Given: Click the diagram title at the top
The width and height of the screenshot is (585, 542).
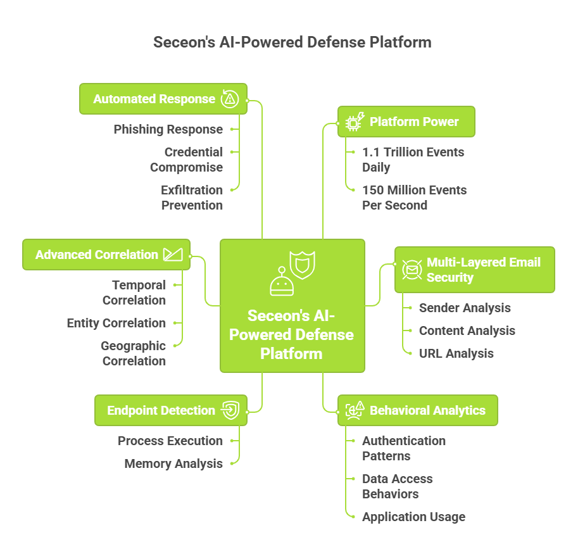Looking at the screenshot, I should click(292, 42).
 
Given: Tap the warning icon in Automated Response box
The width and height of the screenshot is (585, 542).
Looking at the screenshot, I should click(229, 99).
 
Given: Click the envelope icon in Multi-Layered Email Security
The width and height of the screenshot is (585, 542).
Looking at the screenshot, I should click(412, 270).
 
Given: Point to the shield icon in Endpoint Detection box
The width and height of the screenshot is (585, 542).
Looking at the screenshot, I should click(229, 410).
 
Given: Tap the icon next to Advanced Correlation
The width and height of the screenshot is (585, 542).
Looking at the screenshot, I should click(172, 255).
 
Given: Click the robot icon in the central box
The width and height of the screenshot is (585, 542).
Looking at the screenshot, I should click(281, 282).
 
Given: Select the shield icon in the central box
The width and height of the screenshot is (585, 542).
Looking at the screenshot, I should click(302, 265).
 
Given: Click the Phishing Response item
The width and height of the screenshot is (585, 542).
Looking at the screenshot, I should click(168, 129).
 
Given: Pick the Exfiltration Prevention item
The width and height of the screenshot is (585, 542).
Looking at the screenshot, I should click(191, 198).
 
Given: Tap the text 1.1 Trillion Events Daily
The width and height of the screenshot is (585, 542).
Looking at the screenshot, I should click(413, 160).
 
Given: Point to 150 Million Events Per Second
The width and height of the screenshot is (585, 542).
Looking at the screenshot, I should click(414, 198).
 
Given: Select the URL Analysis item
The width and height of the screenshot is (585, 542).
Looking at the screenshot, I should click(456, 353).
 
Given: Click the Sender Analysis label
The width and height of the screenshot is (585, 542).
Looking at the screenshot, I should click(464, 308).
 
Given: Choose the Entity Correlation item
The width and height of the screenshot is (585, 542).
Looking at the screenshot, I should click(116, 323).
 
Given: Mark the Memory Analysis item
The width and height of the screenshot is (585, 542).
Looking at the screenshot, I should click(173, 463).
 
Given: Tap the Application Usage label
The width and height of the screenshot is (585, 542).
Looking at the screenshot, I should click(413, 517).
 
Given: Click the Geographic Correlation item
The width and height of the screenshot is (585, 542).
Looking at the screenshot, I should click(133, 353).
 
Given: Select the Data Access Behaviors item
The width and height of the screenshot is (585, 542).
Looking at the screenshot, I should click(397, 486).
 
